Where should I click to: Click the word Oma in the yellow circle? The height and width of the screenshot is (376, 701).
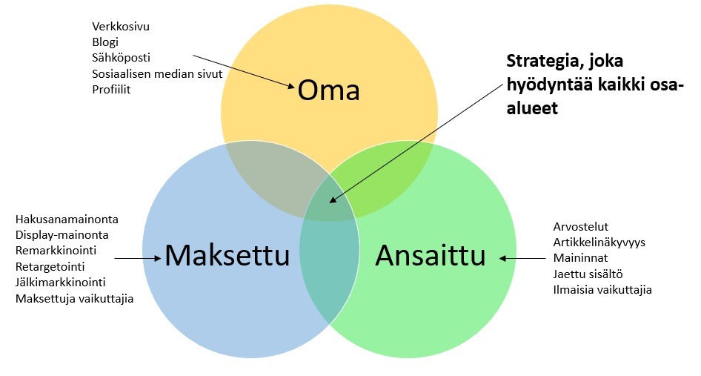tap(328, 90)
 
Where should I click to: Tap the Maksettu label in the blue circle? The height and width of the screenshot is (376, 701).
tap(227, 256)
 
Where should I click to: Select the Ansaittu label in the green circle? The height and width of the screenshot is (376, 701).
tap(430, 256)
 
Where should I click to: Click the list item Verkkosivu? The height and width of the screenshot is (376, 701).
tap(121, 27)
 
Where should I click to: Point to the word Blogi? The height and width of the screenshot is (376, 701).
tap(105, 42)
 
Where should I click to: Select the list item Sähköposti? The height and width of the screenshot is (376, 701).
tap(121, 58)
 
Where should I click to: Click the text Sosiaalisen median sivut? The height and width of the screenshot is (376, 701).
tap(157, 73)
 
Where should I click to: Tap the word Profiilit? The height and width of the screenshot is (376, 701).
tap(111, 90)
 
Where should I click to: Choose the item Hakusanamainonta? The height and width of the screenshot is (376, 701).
tap(67, 220)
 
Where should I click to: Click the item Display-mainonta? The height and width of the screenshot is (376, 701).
tap(62, 235)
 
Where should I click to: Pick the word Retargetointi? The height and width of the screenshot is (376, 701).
tap(50, 267)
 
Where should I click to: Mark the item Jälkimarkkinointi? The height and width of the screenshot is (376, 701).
tap(61, 283)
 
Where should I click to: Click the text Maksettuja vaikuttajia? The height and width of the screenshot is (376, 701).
tap(75, 299)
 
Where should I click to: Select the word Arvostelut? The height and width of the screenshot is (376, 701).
tap(581, 226)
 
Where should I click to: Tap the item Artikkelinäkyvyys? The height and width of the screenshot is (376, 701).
tap(599, 243)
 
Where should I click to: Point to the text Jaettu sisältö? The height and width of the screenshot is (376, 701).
tap(588, 274)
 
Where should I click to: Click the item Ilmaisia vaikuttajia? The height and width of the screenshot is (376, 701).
tap(602, 290)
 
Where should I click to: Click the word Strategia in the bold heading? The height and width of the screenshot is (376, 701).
tap(537, 62)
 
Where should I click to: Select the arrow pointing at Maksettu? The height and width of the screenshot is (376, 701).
tap(138, 258)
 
